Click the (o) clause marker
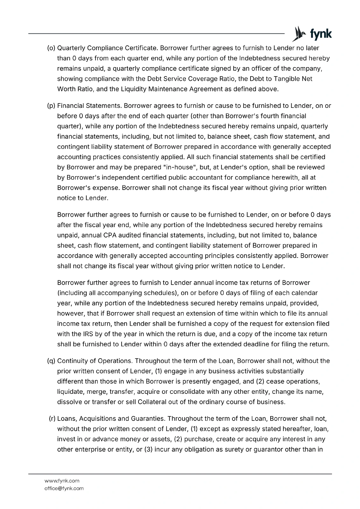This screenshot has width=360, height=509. tap(51, 48)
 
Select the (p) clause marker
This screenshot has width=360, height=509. tap(51, 106)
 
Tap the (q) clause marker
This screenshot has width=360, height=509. tap(51, 361)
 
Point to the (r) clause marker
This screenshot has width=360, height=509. tap(52, 418)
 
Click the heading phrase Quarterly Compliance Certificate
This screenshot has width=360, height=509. tap(107, 48)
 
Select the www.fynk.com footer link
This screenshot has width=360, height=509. tap(62, 481)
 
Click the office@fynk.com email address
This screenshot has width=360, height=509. tap(64, 488)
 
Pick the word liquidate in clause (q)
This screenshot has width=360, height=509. tap(70, 392)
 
